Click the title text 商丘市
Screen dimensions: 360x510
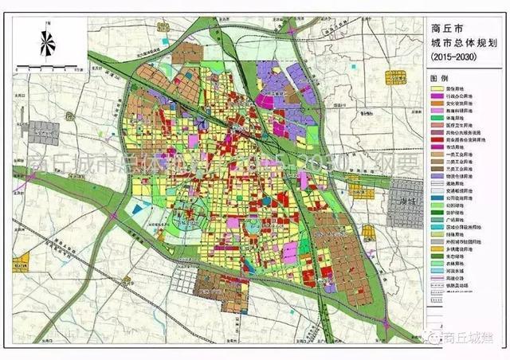coord(462,29)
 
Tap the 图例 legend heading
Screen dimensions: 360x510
coord(439,79)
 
